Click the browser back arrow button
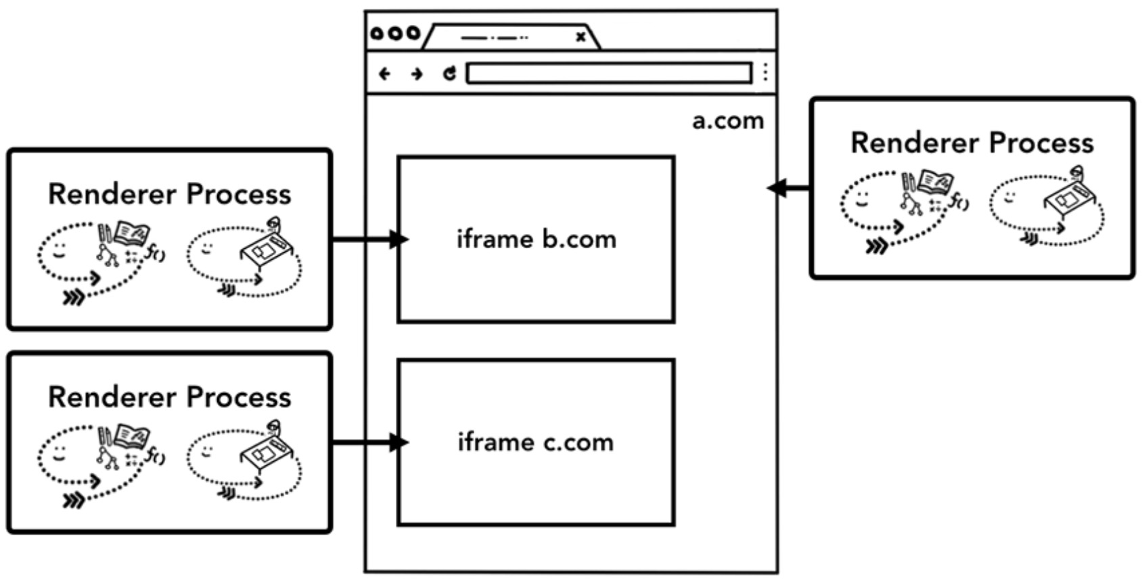[385, 73]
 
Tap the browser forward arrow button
[417, 73]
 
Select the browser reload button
[449, 73]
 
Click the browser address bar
[609, 72]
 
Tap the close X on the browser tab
[580, 37]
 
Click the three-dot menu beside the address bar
[765, 72]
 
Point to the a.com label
[728, 120]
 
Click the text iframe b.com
[536, 239]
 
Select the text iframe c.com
[536, 442]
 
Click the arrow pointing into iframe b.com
[369, 239]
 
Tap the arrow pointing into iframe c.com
[369, 443]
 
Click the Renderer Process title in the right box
[972, 143]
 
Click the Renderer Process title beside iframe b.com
[169, 194]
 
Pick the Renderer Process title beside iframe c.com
[169, 397]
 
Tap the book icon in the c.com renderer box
[133, 436]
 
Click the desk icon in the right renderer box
[1070, 197]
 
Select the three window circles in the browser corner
[395, 33]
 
